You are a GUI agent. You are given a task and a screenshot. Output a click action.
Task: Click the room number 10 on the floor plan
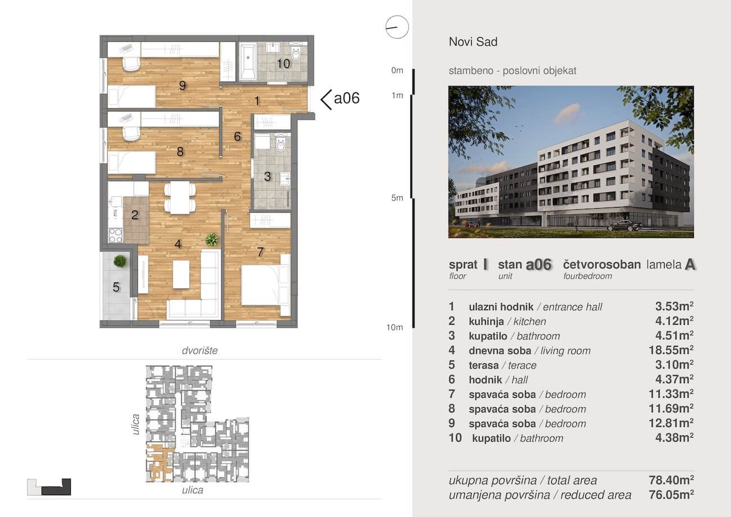point(283,64)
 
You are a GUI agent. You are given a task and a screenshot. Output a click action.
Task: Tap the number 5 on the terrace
point(116,287)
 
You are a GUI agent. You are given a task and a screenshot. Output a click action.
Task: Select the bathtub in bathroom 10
point(247,61)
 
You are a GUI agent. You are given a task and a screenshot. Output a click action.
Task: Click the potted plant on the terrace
point(120,261)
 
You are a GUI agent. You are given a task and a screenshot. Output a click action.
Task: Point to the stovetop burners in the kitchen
point(115,235)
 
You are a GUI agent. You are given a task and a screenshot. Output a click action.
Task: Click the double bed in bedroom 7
point(265,285)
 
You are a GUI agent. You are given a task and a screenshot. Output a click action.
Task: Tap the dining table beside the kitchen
point(179,198)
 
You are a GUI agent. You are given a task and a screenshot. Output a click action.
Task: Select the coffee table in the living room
point(181,274)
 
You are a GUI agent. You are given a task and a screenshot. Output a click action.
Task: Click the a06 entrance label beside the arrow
point(346,98)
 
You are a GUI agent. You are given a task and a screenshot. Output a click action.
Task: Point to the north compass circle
point(397,27)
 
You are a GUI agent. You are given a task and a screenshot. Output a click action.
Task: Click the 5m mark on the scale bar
point(397,198)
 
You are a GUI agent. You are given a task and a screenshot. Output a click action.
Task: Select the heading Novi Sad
point(473,42)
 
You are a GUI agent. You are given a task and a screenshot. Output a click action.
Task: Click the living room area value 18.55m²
point(671,350)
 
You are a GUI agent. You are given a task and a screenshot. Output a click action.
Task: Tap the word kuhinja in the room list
point(486,321)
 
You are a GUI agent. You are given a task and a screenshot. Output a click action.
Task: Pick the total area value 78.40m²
point(671,480)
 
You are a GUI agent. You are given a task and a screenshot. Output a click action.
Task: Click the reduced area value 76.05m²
point(671,495)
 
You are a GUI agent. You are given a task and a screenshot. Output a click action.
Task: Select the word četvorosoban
point(602,264)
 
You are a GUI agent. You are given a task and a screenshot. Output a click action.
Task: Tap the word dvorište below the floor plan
point(200,350)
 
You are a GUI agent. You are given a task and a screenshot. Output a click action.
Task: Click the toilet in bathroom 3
point(281,143)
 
